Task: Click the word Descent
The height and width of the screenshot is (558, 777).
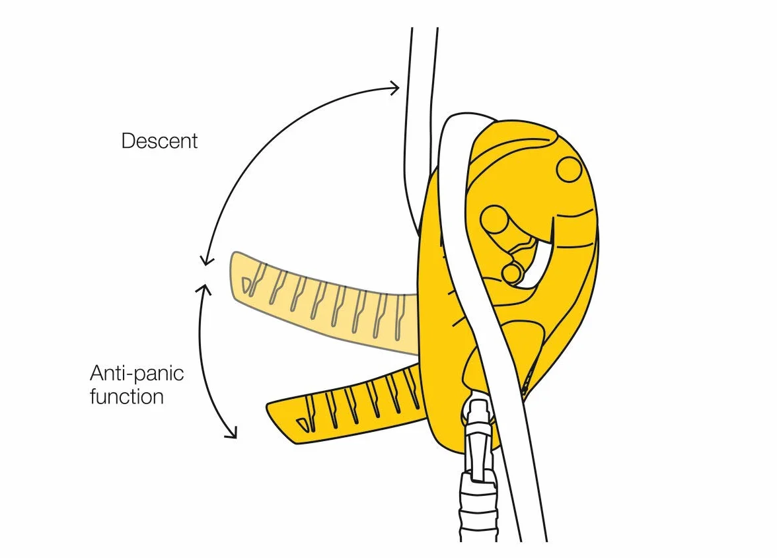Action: click(159, 141)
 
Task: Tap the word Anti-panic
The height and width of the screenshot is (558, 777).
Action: click(137, 373)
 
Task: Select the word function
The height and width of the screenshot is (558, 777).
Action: click(127, 397)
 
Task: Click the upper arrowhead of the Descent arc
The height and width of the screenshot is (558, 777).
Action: click(394, 88)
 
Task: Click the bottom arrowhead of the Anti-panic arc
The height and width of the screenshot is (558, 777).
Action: click(231, 433)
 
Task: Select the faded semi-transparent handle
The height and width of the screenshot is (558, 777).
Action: click(322, 302)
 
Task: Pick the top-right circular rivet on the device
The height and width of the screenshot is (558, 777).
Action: click(569, 169)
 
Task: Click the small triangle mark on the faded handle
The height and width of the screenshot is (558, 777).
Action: click(246, 285)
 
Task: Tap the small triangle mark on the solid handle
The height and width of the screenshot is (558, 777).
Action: click(302, 424)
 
